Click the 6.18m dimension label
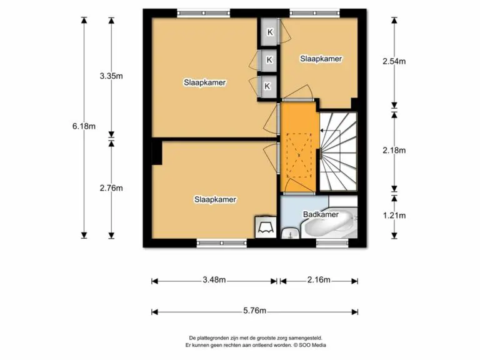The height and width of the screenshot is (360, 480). click(84, 126)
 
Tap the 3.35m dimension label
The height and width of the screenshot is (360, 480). click(111, 76)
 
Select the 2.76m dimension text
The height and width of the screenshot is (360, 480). click(111, 188)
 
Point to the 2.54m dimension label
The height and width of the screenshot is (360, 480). click(394, 61)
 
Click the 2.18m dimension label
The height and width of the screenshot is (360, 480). click(394, 150)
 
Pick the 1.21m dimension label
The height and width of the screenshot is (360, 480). click(394, 216)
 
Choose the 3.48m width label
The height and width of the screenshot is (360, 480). click(214, 279)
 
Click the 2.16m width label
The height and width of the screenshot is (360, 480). click(319, 279)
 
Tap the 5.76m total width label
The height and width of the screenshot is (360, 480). click(255, 311)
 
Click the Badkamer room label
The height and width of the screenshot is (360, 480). click(321, 214)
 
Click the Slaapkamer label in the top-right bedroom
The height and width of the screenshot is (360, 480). click(321, 59)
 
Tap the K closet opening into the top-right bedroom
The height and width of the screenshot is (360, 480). click(269, 32)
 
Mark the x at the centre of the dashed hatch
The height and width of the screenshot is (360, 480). click(299, 155)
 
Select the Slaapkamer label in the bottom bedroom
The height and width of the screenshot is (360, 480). click(215, 199)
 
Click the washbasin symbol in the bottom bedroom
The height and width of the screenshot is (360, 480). click(266, 227)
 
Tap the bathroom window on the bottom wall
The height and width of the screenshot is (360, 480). click(332, 243)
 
